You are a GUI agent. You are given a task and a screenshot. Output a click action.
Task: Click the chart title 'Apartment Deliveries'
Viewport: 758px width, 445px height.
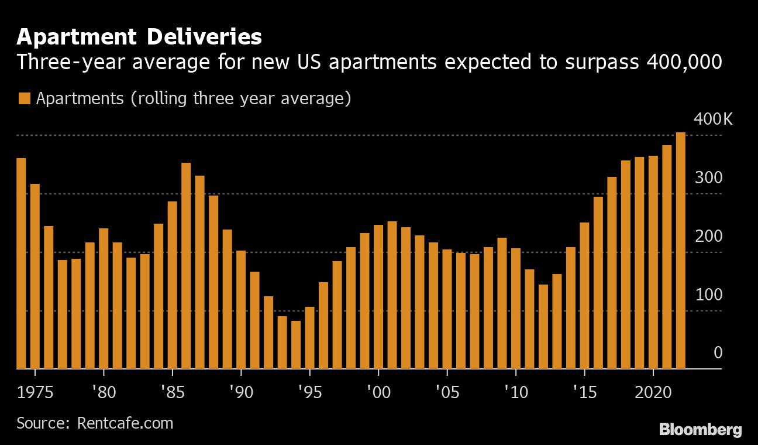pos(139,37)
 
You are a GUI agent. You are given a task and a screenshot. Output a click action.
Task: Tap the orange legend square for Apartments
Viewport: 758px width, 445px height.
pos(24,98)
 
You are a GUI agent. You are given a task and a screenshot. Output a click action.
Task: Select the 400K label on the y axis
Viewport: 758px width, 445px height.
pos(712,119)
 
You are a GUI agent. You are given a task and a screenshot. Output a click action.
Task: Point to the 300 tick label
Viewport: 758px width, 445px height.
pos(708,178)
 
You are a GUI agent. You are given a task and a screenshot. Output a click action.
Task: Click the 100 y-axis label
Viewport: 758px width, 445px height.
pos(708,295)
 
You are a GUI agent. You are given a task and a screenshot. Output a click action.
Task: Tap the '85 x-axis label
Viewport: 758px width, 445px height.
pos(172,392)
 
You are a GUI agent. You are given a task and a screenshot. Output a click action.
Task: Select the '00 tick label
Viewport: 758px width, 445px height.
pos(378,392)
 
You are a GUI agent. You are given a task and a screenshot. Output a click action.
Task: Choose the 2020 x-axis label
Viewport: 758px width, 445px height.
pos(653,392)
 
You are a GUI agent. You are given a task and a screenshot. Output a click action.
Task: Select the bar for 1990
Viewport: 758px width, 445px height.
pos(241,310)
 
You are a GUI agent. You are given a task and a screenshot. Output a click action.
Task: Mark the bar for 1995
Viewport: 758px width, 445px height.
pos(309,338)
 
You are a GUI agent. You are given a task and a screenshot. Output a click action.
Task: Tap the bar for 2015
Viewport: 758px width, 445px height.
pos(584,296)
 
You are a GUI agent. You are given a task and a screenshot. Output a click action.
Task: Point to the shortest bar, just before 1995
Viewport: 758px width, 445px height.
pos(296,345)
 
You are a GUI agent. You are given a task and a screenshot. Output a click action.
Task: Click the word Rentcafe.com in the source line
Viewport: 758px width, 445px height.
pos(125,423)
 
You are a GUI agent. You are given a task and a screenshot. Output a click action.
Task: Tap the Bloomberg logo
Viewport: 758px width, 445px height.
pos(700,430)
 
